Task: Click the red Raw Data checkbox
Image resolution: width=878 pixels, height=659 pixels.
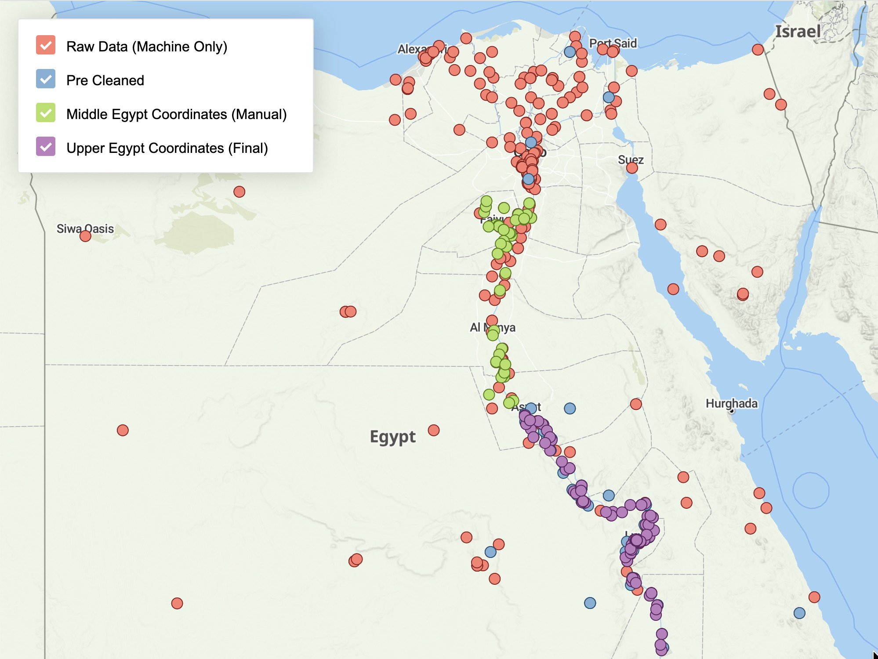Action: click(x=46, y=45)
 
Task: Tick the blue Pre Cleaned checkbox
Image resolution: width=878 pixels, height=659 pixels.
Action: click(x=46, y=79)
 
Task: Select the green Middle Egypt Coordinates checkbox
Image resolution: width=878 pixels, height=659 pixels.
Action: click(x=46, y=113)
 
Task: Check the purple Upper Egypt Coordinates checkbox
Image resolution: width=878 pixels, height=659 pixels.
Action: click(x=46, y=147)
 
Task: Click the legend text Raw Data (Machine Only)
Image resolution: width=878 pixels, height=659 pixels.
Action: click(x=146, y=47)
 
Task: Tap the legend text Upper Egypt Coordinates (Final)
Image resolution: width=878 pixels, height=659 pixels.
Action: click(x=167, y=148)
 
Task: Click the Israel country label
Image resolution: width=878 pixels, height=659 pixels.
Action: click(x=798, y=32)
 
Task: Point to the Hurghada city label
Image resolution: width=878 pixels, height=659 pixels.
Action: click(x=731, y=403)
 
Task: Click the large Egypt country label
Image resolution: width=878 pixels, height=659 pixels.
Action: click(x=392, y=437)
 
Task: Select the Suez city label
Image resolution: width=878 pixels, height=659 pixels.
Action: click(x=631, y=159)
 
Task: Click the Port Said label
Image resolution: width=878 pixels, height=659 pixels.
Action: click(x=613, y=43)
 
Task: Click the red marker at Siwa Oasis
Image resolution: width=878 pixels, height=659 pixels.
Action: click(x=85, y=236)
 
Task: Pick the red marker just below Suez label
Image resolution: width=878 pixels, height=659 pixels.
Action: click(x=631, y=168)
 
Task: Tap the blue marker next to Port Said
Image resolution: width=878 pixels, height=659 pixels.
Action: click(x=570, y=52)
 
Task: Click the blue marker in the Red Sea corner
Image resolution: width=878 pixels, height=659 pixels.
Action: click(x=799, y=613)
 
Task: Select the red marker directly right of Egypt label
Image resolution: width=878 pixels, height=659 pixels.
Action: click(x=433, y=430)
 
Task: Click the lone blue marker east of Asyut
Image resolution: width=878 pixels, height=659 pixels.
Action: click(x=570, y=409)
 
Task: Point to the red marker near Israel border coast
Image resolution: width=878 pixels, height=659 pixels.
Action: click(x=758, y=50)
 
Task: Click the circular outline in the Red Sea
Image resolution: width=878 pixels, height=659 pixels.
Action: click(x=811, y=490)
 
